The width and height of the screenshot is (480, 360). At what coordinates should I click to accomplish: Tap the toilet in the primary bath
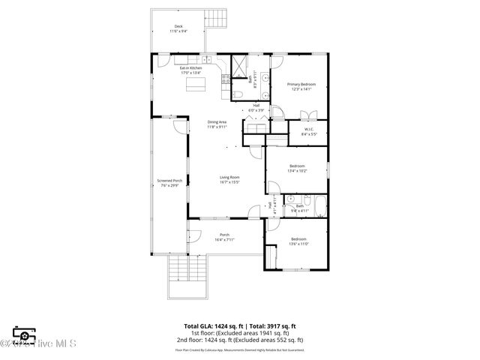pyautogui.click(x=236, y=93)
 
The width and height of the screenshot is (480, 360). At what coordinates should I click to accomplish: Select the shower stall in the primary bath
pyautogui.click(x=240, y=65)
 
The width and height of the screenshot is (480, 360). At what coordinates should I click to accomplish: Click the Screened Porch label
pyautogui.click(x=169, y=182)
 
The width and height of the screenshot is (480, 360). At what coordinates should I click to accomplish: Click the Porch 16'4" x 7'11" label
pyautogui.click(x=224, y=237)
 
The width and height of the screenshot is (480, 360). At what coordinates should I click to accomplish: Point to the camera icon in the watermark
pyautogui.click(x=24, y=335)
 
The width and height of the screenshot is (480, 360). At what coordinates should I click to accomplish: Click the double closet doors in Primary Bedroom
pyautogui.click(x=308, y=115)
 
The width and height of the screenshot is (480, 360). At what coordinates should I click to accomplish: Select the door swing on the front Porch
pyautogui.click(x=194, y=235)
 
